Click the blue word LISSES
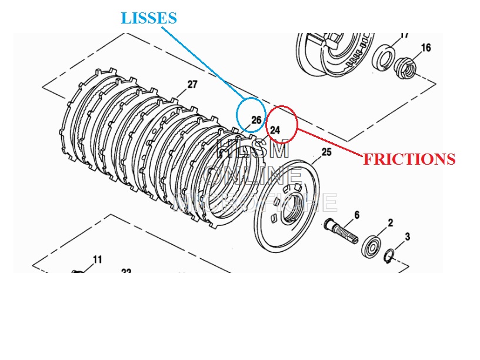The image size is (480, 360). tap(149, 18)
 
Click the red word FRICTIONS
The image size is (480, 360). tap(409, 159)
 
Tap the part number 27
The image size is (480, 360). tap(192, 85)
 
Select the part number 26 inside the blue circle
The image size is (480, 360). tap(256, 120)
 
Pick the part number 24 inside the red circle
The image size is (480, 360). tap(275, 129)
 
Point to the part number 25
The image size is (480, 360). tap(326, 152)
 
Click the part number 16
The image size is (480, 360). tap(426, 48)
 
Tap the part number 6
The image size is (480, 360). tap(356, 216)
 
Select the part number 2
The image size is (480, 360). tap(389, 223)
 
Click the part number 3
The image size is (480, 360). tap(407, 236)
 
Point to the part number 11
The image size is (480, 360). tap(97, 259)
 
